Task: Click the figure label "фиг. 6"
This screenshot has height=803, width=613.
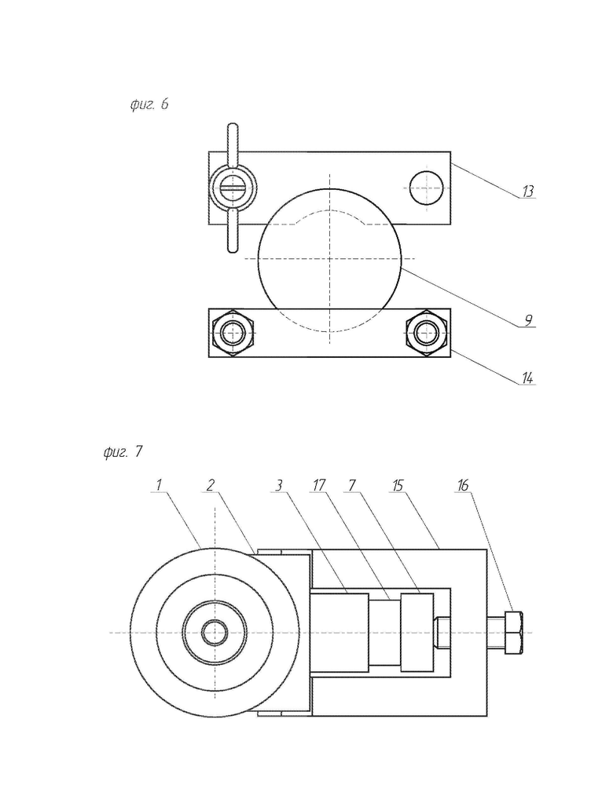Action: coord(149,104)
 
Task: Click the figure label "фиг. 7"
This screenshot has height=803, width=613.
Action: coord(123,451)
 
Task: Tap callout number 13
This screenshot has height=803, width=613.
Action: coord(527,192)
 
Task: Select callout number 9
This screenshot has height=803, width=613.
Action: coord(528,320)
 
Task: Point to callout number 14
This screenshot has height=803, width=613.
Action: coord(527,378)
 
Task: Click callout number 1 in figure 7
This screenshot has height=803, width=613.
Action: coord(159,484)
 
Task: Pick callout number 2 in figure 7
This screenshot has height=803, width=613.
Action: coord(210,484)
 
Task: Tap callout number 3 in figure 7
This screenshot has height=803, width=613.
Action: coord(279,484)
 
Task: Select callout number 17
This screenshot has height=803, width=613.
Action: coord(318,484)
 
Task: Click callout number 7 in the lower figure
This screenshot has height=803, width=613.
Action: coord(351,484)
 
